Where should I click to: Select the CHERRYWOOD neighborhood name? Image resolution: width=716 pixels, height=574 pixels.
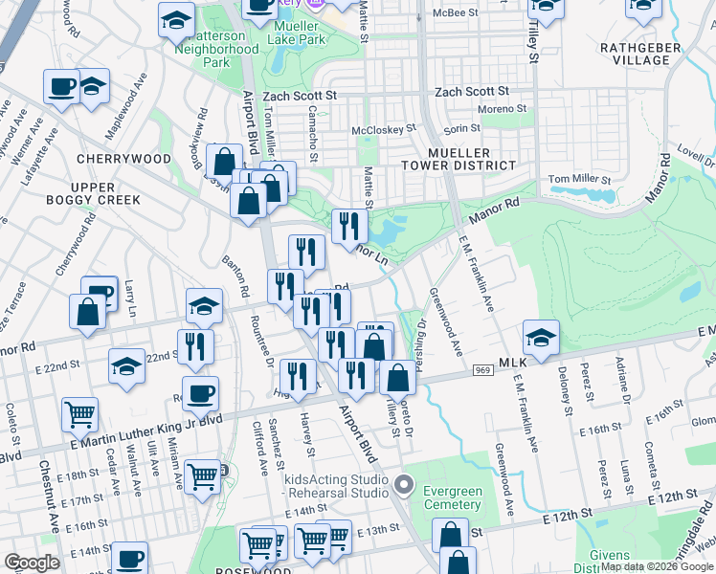pyautogui.click(x=123, y=159)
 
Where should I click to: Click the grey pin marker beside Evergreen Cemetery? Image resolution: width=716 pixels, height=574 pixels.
pyautogui.click(x=405, y=484)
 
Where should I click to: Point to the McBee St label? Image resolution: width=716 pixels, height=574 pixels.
pyautogui.click(x=455, y=13)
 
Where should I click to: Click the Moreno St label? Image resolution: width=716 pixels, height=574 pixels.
pyautogui.click(x=503, y=108)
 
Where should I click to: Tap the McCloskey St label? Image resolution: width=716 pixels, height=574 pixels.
pyautogui.click(x=384, y=128)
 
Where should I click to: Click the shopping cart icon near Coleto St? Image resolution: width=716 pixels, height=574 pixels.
pyautogui.click(x=79, y=414)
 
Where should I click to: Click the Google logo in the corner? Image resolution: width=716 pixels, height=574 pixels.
pyautogui.click(x=33, y=563)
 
